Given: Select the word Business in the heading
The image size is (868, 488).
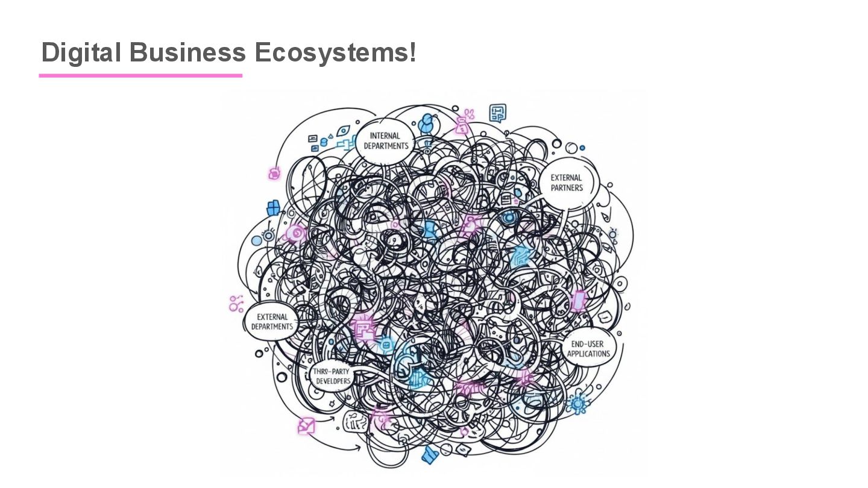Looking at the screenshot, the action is [x=187, y=53].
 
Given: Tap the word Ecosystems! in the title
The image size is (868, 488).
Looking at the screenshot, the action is [x=335, y=53].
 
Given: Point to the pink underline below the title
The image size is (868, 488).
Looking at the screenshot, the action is [x=140, y=75].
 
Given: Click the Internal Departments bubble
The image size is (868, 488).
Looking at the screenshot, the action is [x=386, y=141].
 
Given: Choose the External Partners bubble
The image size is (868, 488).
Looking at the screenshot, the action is [x=567, y=183].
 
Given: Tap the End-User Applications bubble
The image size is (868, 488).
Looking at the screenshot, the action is [x=588, y=349].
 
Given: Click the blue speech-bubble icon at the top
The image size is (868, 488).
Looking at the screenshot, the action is [x=497, y=112].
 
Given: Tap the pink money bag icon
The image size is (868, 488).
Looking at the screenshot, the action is [x=462, y=125].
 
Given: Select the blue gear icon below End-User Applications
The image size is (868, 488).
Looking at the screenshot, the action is [x=579, y=402].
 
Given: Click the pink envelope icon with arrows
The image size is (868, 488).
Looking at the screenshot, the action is [x=306, y=426].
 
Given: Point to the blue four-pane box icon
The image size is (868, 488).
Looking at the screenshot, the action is [x=273, y=208].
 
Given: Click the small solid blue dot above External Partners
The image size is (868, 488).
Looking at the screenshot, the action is [x=582, y=148].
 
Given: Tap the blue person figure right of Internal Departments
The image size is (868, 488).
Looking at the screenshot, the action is [x=427, y=124].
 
